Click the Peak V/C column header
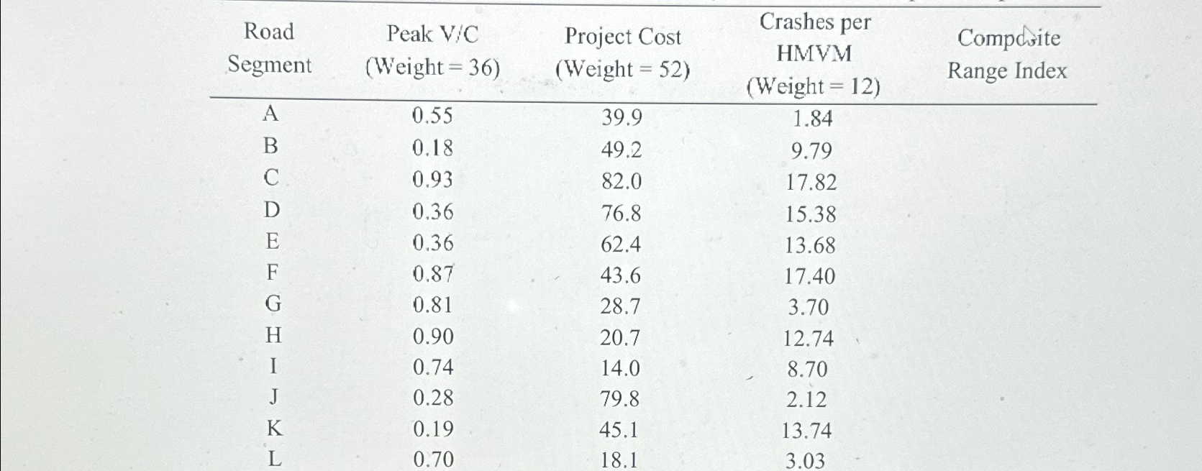(x=432, y=50)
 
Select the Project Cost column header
(x=622, y=52)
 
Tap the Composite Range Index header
(x=1007, y=54)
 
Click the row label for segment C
(x=271, y=178)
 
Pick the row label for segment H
(x=273, y=336)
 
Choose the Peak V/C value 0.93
(x=432, y=179)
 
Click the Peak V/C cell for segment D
(x=432, y=211)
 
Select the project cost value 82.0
(x=622, y=181)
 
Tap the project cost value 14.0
(x=620, y=368)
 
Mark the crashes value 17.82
(x=811, y=183)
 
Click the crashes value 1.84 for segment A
(x=812, y=119)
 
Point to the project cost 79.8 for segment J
(x=620, y=398)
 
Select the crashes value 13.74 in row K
(x=806, y=431)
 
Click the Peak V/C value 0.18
(x=432, y=148)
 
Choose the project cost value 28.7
(x=620, y=307)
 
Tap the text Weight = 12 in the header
(x=814, y=87)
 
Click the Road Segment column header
(x=270, y=48)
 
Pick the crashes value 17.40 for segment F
(x=810, y=276)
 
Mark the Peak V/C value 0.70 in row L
(x=433, y=459)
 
